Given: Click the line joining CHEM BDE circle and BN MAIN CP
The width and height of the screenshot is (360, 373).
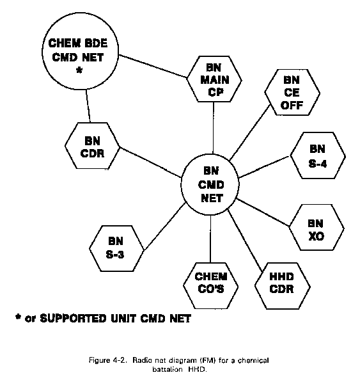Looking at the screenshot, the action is click(153, 66).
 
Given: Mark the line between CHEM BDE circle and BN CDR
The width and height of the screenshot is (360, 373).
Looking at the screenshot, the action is click(88, 106).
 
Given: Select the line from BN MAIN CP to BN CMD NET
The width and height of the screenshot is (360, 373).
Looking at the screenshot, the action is click(213, 128).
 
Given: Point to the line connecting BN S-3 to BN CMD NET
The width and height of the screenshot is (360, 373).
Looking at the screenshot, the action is click(164, 226).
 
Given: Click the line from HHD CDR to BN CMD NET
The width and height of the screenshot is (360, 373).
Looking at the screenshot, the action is click(245, 241).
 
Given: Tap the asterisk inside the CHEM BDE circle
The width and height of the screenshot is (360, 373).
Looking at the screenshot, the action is click(79, 70).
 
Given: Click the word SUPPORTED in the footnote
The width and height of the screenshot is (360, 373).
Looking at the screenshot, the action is click(73, 318).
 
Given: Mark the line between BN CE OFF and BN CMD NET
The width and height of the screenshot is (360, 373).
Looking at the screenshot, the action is click(250, 132).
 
